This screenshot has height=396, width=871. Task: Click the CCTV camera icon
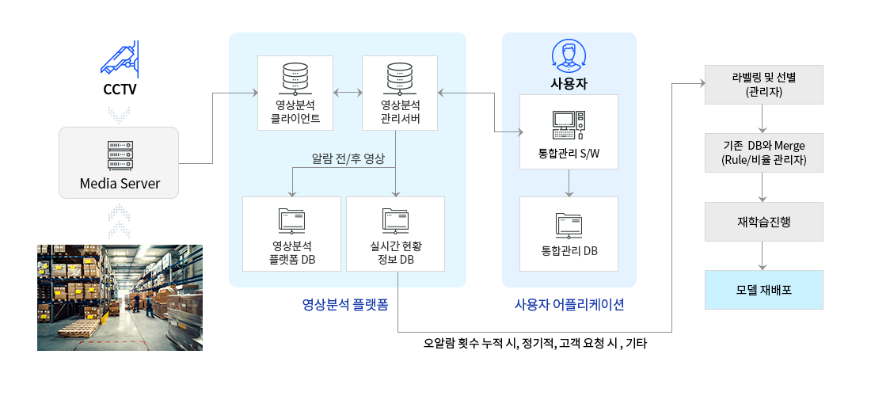pyautogui.click(x=120, y=59)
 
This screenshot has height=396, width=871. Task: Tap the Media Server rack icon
pyautogui.click(x=120, y=156)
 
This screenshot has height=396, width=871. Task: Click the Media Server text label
pyautogui.click(x=120, y=183)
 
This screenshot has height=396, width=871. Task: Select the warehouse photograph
pyautogui.click(x=120, y=298)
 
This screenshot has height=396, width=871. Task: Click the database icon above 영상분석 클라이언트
pyautogui.click(x=295, y=78)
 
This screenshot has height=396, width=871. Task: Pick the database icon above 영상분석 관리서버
pyautogui.click(x=400, y=78)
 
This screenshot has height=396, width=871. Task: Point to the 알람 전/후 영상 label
pyautogui.click(x=348, y=159)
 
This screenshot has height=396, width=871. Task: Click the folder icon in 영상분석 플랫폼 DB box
pyautogui.click(x=291, y=221)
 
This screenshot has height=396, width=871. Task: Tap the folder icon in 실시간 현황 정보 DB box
pyautogui.click(x=395, y=221)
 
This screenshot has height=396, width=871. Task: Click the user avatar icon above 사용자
pyautogui.click(x=569, y=57)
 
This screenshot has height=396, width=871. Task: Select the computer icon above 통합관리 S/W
pyautogui.click(x=569, y=125)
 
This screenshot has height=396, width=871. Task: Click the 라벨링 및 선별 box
pyautogui.click(x=764, y=85)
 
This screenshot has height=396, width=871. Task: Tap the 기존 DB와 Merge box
pyautogui.click(x=764, y=152)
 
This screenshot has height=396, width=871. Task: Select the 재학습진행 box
pyautogui.click(x=764, y=222)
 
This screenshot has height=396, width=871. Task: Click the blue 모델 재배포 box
pyautogui.click(x=764, y=290)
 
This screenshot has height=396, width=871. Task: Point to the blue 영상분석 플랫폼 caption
pyautogui.click(x=345, y=304)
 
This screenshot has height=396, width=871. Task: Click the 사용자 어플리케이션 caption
pyautogui.click(x=569, y=304)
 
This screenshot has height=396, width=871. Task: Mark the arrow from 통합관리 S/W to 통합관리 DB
pyautogui.click(x=569, y=183)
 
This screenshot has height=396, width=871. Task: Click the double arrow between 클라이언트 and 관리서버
pyautogui.click(x=348, y=92)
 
